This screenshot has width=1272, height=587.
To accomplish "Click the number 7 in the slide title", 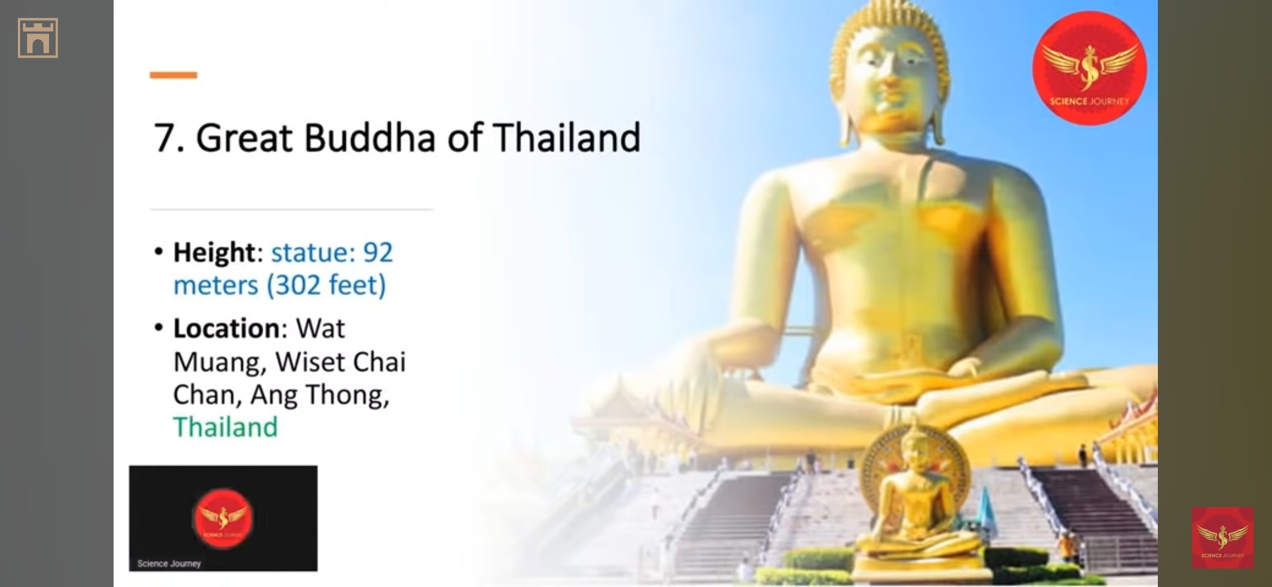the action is pyautogui.click(x=164, y=138).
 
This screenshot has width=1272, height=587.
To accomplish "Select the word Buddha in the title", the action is pyautogui.click(x=370, y=138).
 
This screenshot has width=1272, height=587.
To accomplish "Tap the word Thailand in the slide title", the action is pyautogui.click(x=567, y=138).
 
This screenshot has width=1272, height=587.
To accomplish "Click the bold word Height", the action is pyautogui.click(x=214, y=253).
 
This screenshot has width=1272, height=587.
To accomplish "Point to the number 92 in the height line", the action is pyautogui.click(x=378, y=253).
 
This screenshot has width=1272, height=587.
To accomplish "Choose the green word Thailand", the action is pyautogui.click(x=226, y=427).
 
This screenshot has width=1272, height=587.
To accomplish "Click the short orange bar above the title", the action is pyautogui.click(x=173, y=75).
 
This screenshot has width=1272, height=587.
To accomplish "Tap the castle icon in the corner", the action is pyautogui.click(x=38, y=38).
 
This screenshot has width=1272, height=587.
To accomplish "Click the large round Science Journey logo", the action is pyautogui.click(x=1089, y=68).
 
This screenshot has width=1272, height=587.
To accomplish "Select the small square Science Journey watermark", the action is pyautogui.click(x=1223, y=538).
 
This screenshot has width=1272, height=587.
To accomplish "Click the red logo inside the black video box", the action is pyautogui.click(x=223, y=518).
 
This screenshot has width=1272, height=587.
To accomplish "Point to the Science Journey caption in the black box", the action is pyautogui.click(x=169, y=564).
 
